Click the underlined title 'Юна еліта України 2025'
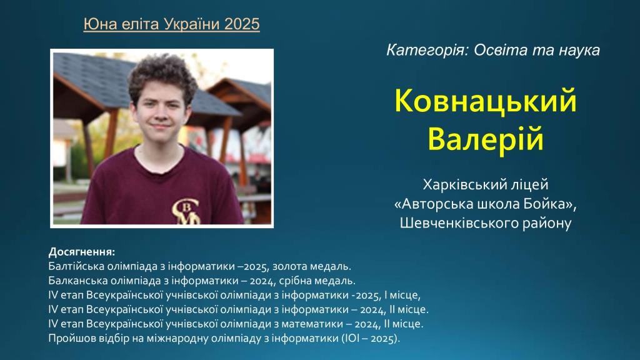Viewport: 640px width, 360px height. pyautogui.click(x=171, y=24)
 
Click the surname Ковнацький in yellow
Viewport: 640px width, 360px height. pyautogui.click(x=485, y=101)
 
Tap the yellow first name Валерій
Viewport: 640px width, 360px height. pyautogui.click(x=485, y=139)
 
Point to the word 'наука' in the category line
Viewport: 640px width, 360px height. pyautogui.click(x=579, y=51)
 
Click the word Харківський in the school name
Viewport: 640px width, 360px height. pyautogui.click(x=457, y=184)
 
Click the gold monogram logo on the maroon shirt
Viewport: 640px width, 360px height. pyautogui.click(x=186, y=212)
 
